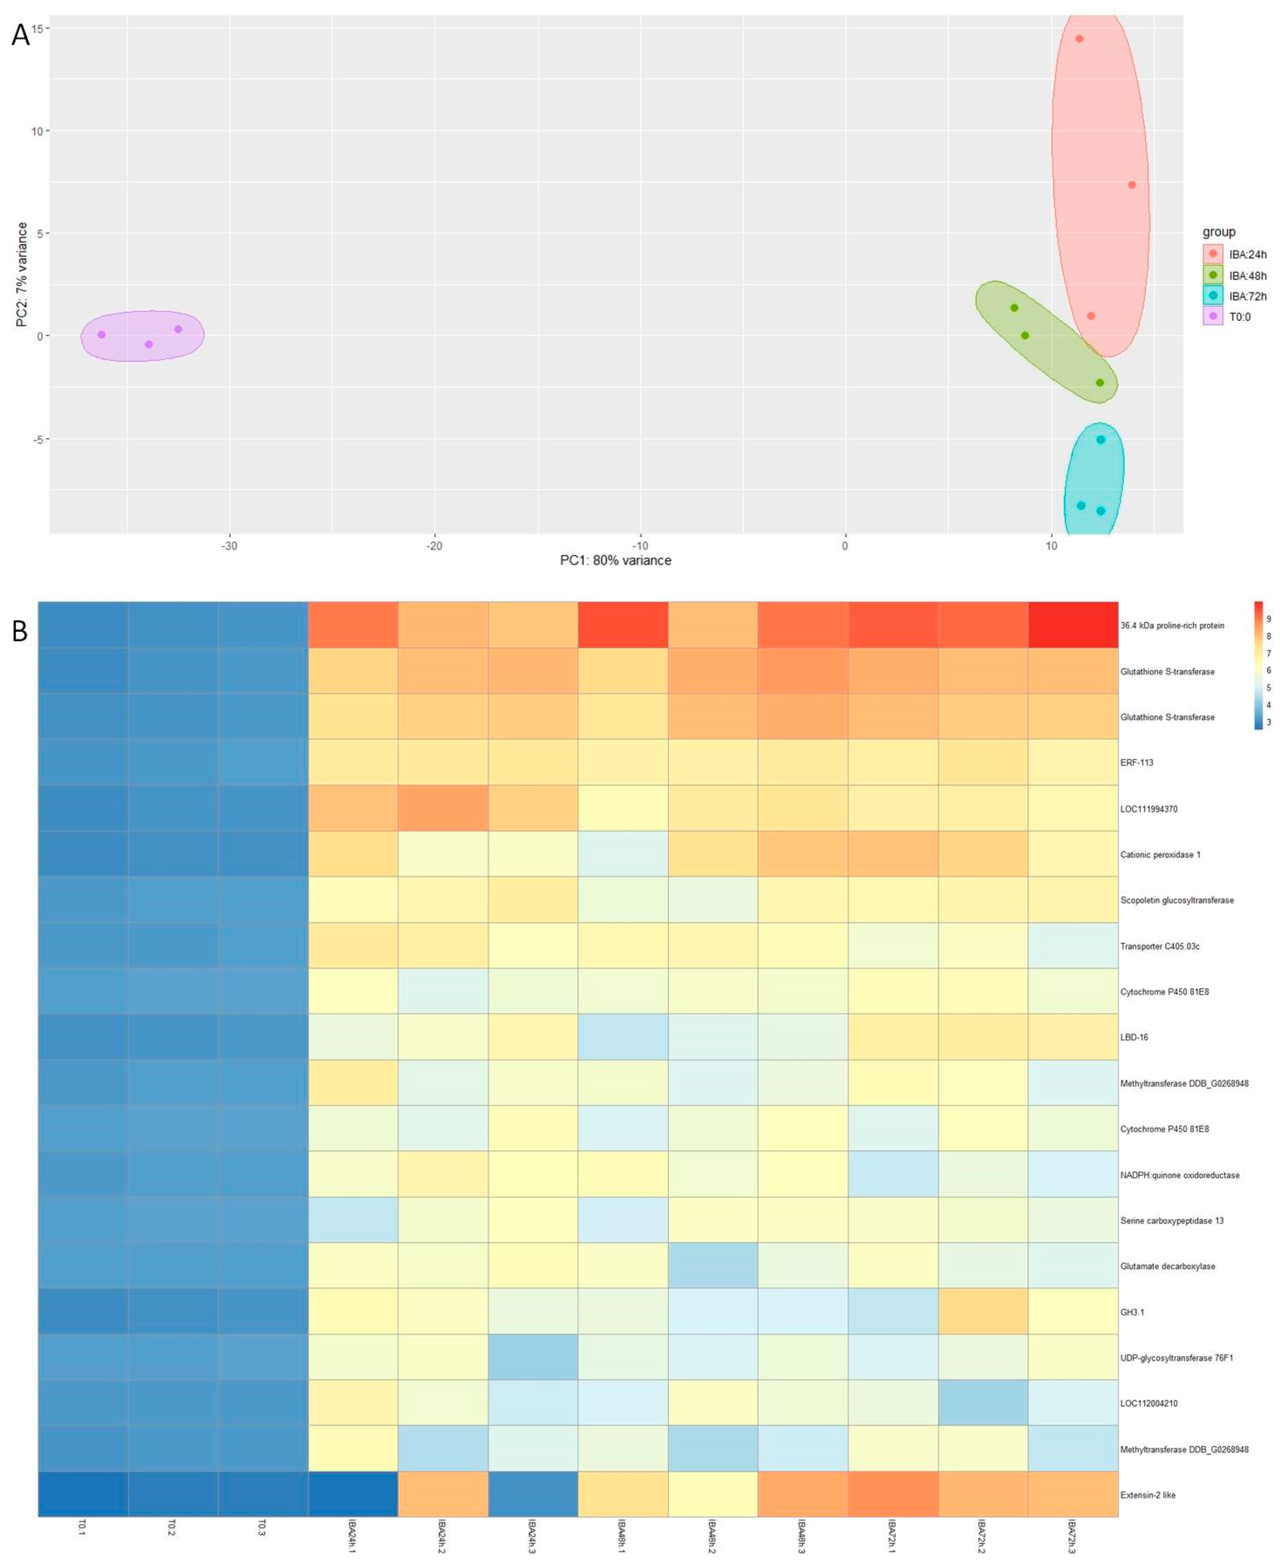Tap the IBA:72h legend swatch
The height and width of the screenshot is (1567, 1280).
(x=1213, y=296)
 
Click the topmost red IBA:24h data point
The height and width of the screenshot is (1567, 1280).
(x=1079, y=39)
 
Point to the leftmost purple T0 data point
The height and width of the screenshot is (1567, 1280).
(x=102, y=334)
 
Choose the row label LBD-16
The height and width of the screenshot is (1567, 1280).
(x=1134, y=1037)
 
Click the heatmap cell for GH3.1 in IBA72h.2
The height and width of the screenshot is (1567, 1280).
(x=983, y=1312)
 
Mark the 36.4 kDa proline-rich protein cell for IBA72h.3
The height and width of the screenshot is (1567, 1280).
(x=1073, y=625)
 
